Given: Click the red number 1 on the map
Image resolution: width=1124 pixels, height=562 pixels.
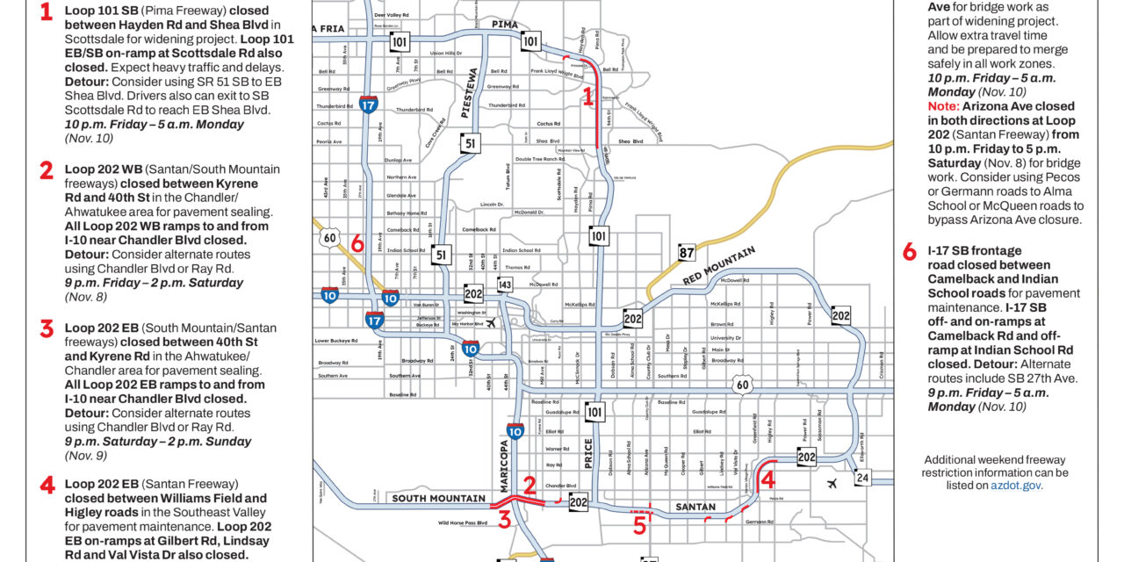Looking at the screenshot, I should tap(588, 98).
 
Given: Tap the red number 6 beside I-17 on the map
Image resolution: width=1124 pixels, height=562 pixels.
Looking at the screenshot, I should tap(357, 244).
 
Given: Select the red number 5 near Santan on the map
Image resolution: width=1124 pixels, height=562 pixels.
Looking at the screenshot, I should tap(639, 525).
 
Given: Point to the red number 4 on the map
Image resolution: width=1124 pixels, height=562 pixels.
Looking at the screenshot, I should tap(767, 479).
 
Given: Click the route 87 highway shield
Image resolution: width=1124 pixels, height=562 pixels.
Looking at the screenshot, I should tap(687, 254).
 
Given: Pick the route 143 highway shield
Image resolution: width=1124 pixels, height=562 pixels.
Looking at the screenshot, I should tap(504, 285).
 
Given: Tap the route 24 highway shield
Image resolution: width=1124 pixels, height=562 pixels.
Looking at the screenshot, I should tap(862, 477).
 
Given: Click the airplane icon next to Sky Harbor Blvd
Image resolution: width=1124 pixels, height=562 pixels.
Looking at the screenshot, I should tap(490, 322).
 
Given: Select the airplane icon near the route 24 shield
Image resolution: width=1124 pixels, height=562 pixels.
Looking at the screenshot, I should tap(831, 483).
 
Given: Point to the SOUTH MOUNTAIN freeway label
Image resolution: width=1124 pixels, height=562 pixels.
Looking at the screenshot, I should tap(438, 499).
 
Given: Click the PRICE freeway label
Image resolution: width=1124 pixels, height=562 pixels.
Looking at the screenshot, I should tap(587, 452).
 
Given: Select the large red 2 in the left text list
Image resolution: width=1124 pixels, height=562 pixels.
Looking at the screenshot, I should tap(47, 171).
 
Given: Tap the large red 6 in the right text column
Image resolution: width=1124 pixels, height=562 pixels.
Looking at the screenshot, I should tap(910, 253).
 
